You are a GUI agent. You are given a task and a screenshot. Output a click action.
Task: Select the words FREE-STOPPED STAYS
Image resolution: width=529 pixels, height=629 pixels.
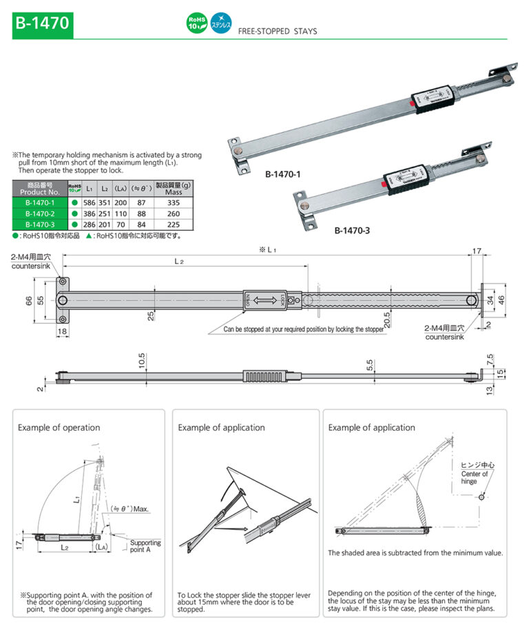coord(278,32)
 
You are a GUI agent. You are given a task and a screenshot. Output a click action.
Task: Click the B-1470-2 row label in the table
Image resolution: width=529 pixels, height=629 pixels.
coord(40,214)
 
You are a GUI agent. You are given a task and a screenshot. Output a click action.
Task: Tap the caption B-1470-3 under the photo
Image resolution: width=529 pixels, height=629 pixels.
coord(352,230)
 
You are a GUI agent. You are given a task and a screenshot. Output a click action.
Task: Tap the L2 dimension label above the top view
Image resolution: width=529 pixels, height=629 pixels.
coord(178,262)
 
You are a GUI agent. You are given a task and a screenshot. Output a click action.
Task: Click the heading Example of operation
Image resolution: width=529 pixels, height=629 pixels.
coord(59,428)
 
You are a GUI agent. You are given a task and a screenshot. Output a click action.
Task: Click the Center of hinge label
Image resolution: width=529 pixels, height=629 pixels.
coord(474,477)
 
